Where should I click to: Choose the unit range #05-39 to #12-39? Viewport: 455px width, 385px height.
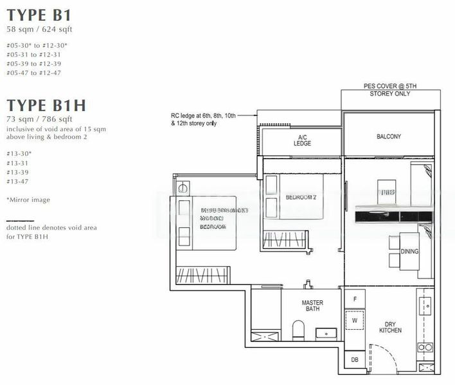coord(33,64)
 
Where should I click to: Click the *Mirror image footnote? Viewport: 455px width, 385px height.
coord(28,200)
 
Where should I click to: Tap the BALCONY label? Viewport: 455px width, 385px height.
coord(388,136)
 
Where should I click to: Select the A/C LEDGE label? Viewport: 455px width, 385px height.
coord(303,141)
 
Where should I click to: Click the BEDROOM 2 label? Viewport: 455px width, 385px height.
coord(300,198)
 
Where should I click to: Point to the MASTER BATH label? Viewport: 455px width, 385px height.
coord(312,307)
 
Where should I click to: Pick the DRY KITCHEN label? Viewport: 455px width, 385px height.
coord(390,327)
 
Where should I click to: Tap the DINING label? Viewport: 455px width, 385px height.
coord(409,252)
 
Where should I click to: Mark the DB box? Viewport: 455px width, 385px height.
coord(354,360)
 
